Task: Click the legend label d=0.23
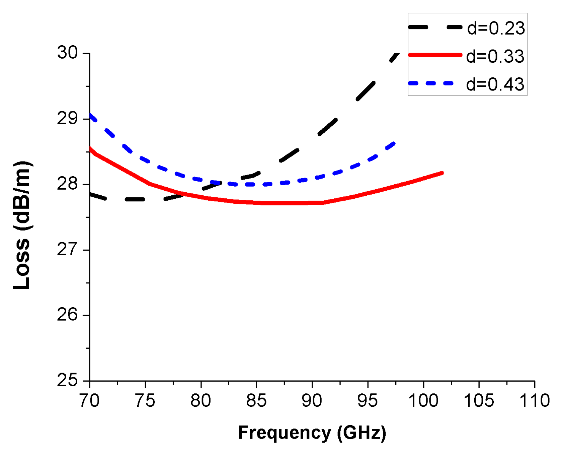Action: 496,28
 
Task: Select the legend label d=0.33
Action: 495,56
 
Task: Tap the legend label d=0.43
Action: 495,84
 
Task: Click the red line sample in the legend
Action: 435,55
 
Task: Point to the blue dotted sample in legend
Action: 431,83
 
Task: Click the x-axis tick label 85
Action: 256,401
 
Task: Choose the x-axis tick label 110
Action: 534,401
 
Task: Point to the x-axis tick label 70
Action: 89,401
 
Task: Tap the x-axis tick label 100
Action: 423,401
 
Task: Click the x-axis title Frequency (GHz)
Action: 312,433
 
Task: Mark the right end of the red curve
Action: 442,173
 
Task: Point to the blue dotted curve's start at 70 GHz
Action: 90,116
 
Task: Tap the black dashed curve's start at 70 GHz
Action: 90,194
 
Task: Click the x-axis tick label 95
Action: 368,401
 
